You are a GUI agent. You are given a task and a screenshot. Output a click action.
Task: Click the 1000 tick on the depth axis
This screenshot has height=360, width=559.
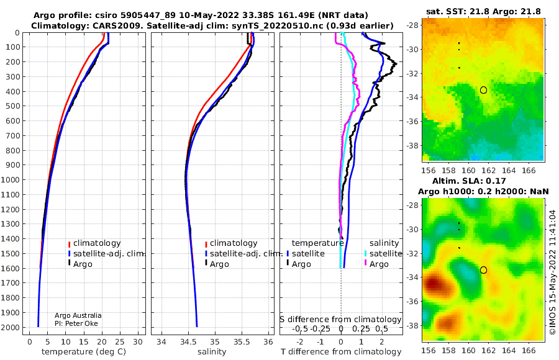11,179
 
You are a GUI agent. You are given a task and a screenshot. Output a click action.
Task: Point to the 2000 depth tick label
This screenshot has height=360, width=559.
11,327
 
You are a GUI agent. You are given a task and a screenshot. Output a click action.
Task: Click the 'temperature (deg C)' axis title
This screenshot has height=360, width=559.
84,352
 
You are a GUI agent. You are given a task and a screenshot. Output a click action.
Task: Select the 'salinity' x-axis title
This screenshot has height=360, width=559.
212,352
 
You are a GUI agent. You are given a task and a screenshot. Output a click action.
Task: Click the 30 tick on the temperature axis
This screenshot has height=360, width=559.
138,341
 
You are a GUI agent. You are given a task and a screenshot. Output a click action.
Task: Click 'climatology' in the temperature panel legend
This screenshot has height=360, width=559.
97,243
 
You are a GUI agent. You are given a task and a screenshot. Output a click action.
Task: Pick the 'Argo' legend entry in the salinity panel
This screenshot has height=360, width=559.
219,264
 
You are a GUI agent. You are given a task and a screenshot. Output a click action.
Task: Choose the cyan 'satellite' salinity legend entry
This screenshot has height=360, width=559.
385,254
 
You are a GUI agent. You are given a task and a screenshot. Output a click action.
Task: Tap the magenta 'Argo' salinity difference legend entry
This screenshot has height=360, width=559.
379,264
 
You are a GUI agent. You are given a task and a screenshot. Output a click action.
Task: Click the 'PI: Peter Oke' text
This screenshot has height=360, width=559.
76,323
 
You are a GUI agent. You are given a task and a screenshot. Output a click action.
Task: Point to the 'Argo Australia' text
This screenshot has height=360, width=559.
78,315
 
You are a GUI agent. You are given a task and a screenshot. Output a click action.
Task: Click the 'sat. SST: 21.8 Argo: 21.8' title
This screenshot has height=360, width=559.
483,11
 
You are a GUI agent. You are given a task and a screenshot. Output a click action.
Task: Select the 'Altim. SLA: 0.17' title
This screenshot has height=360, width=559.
469,181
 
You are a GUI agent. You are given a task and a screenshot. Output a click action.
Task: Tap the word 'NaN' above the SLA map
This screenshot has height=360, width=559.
539,192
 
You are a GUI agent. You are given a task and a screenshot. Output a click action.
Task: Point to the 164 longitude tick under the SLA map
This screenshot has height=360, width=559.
508,350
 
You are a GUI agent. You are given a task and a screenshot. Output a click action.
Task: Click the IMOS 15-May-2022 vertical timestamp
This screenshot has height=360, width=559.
553,272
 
